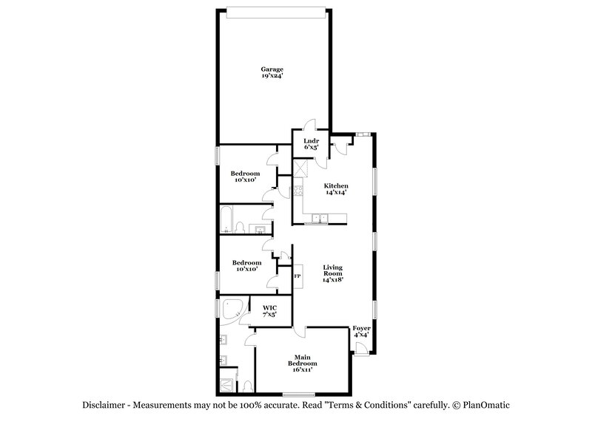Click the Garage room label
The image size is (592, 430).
tap(272, 72)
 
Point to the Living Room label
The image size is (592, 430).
tap(335, 273)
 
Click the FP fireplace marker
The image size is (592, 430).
tap(297, 276)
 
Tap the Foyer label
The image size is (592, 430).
tap(361, 331)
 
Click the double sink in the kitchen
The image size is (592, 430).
tap(320, 217)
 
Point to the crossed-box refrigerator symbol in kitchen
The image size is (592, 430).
tap(300, 169)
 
